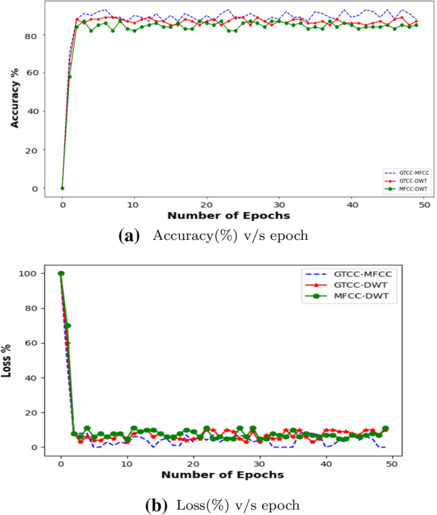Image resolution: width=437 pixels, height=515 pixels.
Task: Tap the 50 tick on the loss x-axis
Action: [392, 461]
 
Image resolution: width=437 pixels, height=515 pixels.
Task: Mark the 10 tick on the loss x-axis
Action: [127, 461]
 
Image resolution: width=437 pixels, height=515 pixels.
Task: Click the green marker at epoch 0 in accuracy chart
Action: [62, 188]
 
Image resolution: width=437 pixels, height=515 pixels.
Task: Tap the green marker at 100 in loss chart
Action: [61, 274]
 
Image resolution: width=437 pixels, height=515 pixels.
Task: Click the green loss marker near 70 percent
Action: [68, 326]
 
